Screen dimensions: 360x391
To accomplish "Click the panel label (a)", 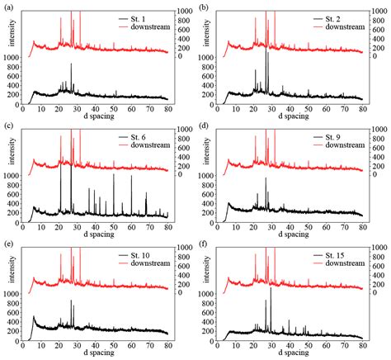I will tap(7, 7).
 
